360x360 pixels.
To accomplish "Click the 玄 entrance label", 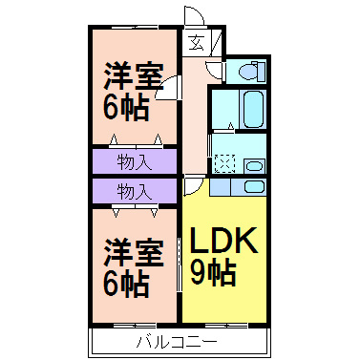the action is coord(196,43).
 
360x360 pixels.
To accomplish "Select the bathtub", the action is coord(253,109).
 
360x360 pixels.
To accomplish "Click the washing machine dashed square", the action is coord(224,163).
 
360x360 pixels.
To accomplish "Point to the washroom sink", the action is coord(254,166).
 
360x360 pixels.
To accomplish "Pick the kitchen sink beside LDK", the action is coord(254,186).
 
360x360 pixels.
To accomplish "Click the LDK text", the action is coord(223,241).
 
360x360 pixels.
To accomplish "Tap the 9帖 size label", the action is coord(213,273).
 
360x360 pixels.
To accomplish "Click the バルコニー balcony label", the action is coord(177,342).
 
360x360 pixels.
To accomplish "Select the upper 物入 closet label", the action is coord(134,162).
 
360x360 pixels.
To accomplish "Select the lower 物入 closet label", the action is coord(134,192).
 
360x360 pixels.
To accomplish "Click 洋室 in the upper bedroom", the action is coord(134,76).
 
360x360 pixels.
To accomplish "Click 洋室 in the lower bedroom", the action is coord(134,253).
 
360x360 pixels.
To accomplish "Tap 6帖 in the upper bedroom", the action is coord(127,108).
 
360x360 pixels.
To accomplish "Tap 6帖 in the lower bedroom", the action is coord(127,285).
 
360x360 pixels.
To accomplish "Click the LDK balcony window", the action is coord(226,326).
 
